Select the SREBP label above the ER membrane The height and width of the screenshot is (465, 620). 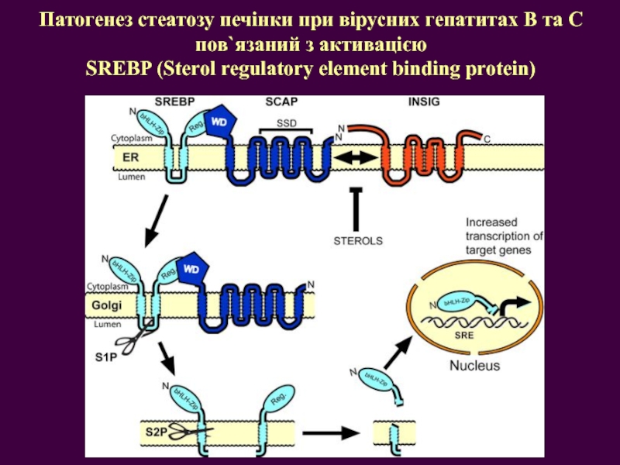(x=174, y=102)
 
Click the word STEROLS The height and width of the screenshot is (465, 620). (x=358, y=240)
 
